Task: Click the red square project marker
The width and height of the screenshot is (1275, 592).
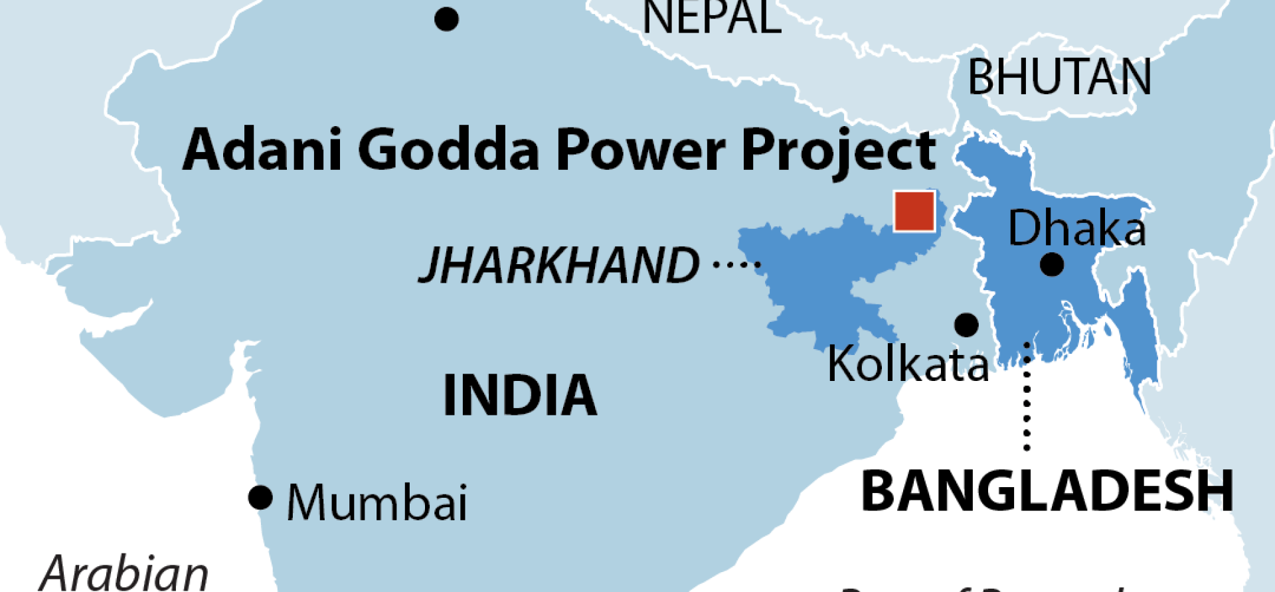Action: tap(914, 211)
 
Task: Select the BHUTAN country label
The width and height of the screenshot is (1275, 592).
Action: tap(1059, 78)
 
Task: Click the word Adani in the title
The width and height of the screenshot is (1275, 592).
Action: tap(262, 149)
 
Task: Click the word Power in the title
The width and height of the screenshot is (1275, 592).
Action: tap(639, 149)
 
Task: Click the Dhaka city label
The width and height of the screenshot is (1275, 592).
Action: tap(1076, 228)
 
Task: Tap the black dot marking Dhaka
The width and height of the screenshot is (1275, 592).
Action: tap(1052, 265)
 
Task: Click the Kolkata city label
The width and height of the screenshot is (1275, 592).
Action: tap(908, 364)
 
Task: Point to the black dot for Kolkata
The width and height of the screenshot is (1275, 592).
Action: tap(966, 325)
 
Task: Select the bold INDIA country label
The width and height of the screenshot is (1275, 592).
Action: tap(520, 396)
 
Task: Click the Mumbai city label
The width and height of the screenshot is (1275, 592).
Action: tap(377, 502)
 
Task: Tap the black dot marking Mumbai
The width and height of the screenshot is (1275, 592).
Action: tap(260, 497)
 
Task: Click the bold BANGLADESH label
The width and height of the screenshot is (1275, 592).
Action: tap(1047, 491)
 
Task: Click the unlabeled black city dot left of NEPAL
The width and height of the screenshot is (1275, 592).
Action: tap(446, 19)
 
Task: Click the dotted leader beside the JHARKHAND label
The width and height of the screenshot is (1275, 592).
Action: tap(736, 265)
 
